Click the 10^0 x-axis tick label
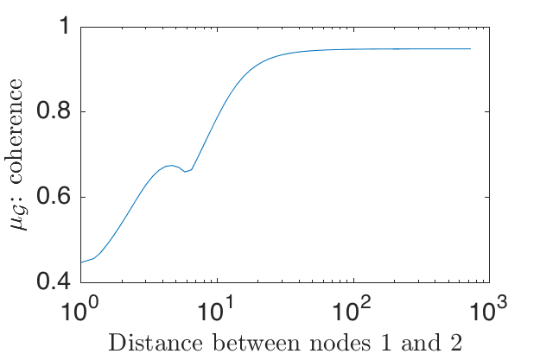[80, 306]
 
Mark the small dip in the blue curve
[186, 171]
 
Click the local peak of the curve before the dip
[172, 165]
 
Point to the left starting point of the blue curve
[81, 262]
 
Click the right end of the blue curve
[471, 49]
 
